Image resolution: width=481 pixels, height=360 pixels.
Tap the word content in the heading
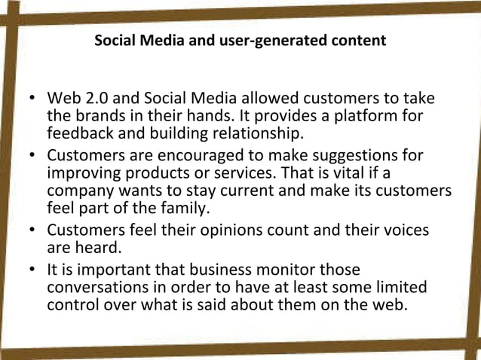(x=358, y=40)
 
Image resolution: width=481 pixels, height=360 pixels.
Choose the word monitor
(x=271, y=270)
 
